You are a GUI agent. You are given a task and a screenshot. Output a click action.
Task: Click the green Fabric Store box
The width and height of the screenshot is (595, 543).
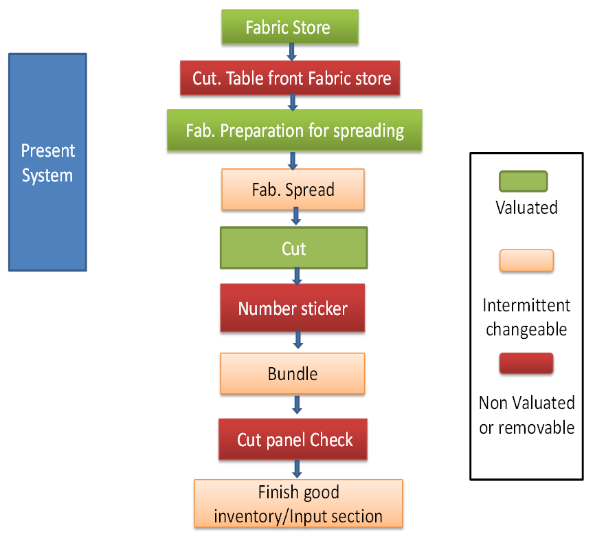pos(289,27)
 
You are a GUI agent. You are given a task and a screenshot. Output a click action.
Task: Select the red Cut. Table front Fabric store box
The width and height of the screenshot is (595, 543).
pos(291,78)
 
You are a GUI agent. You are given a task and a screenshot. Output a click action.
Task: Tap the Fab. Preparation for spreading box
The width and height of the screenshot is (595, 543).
pos(294,131)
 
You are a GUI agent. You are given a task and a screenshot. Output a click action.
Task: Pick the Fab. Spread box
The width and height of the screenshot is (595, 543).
pos(293,190)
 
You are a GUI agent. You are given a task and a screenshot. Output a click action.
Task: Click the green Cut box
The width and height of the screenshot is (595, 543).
pos(293,248)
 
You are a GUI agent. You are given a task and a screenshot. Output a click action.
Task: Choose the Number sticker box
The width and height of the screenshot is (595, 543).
pos(293,309)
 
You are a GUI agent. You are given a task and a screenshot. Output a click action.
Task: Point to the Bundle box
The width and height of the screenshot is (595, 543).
pos(293,374)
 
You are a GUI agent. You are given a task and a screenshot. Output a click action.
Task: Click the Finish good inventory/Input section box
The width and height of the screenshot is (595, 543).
pos(298,504)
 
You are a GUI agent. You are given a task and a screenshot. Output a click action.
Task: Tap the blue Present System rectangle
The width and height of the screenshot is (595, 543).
pos(47,162)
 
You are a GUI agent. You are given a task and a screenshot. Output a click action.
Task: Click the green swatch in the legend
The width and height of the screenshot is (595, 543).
pos(523,181)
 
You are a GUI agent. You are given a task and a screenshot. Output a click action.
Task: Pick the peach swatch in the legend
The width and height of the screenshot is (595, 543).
pos(526,261)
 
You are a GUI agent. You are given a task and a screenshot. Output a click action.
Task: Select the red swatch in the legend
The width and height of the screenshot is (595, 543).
pos(526,363)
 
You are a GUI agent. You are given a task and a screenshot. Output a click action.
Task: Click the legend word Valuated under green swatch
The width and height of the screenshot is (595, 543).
pos(526,207)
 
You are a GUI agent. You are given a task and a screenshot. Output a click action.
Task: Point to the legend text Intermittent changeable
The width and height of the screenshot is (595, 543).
pos(526,317)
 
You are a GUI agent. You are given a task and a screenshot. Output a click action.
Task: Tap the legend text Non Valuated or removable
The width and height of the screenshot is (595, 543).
pos(526,414)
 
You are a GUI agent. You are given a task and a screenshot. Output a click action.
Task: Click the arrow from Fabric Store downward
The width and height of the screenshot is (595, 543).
pos(291,52)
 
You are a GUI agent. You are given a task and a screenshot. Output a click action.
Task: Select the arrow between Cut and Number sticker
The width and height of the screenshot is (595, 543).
pos(297,276)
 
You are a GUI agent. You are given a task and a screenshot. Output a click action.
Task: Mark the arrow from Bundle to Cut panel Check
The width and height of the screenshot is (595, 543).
pos(297,404)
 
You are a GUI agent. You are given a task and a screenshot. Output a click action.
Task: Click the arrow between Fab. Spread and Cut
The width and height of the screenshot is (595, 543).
pos(296,217)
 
